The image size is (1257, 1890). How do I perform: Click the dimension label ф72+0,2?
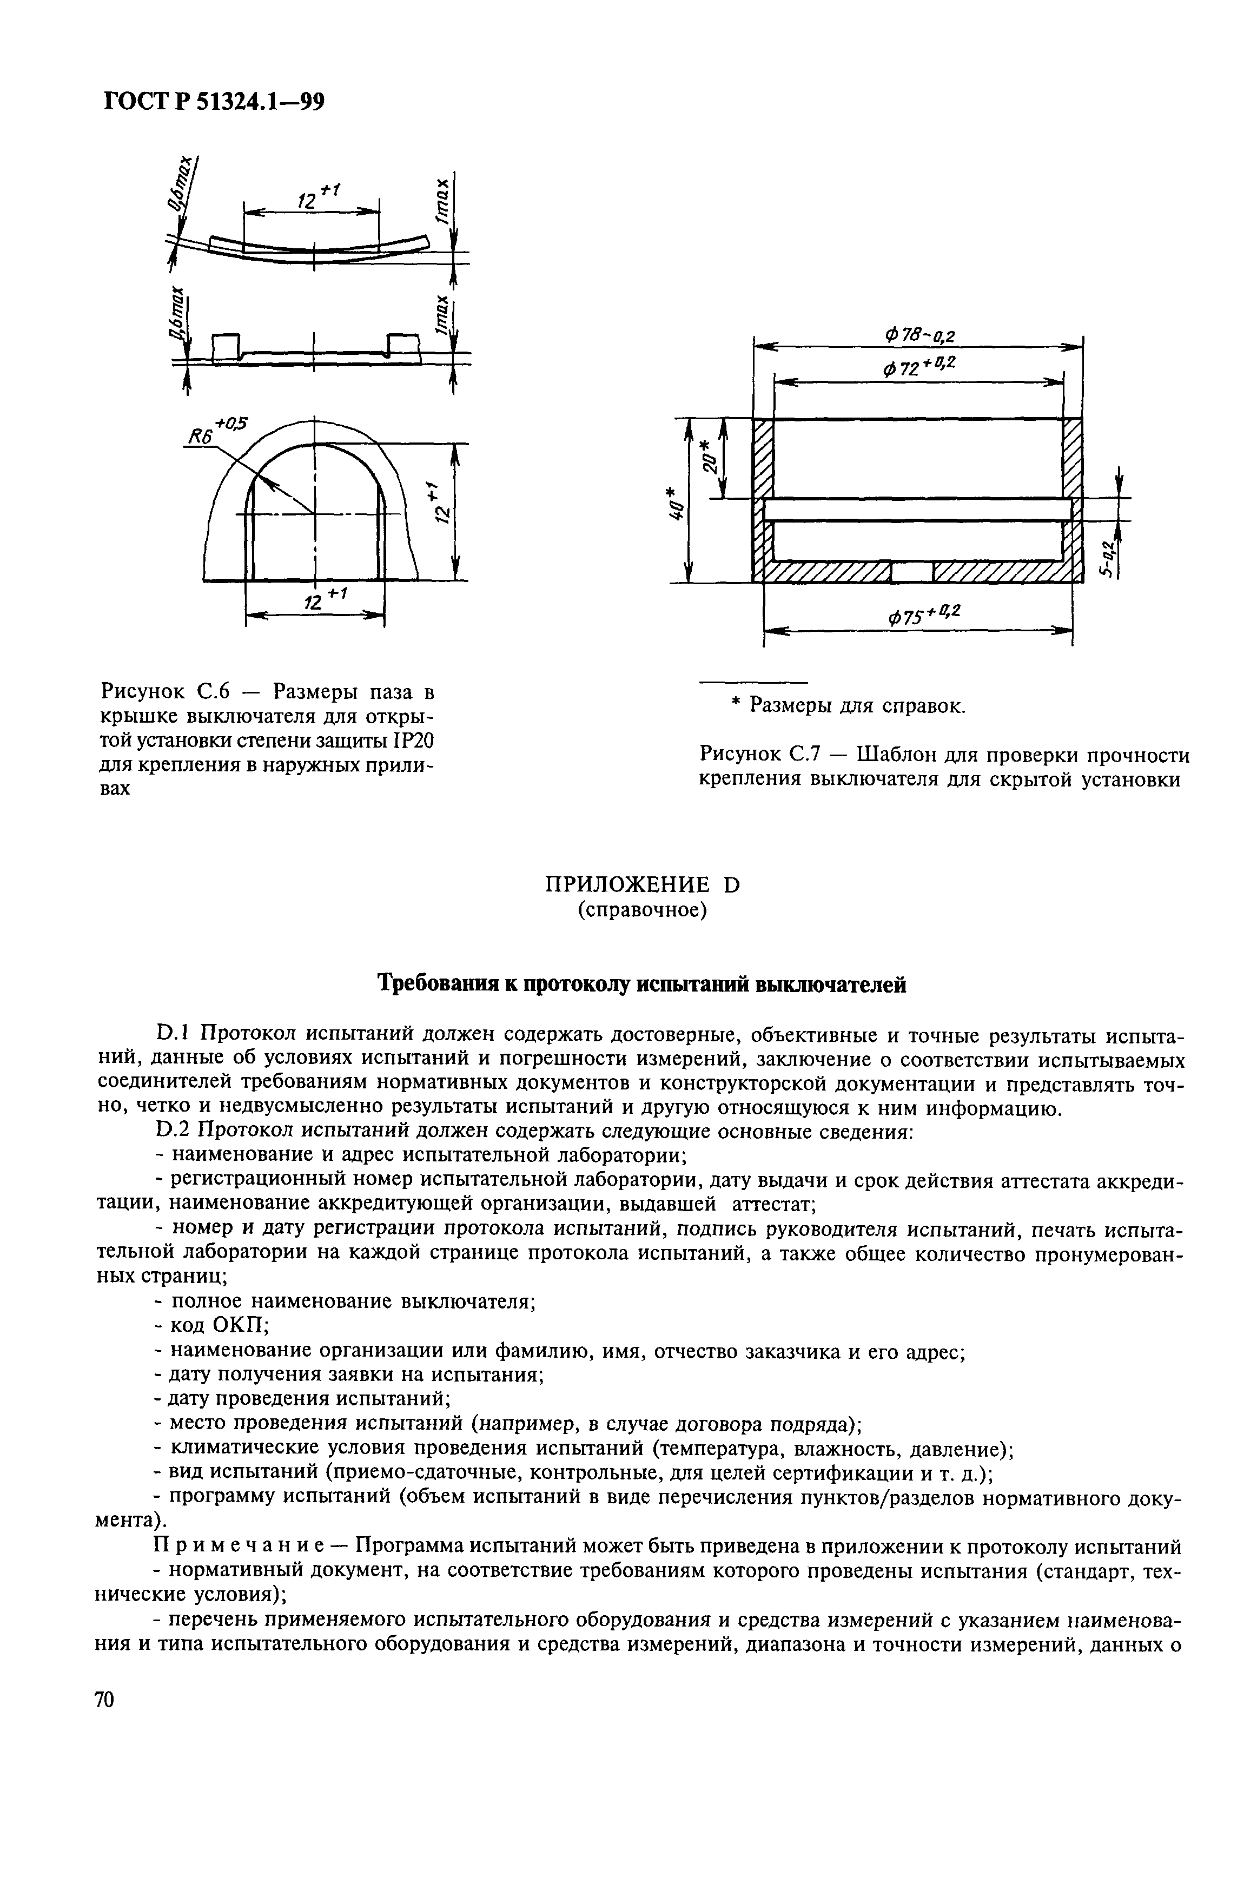coord(919,368)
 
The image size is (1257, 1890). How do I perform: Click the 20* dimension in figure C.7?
coord(708,458)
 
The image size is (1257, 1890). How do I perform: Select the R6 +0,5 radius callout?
coord(216,431)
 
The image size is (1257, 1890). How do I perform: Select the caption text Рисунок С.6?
coord(165,691)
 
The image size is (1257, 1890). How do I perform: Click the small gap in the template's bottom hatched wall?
coord(912,571)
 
